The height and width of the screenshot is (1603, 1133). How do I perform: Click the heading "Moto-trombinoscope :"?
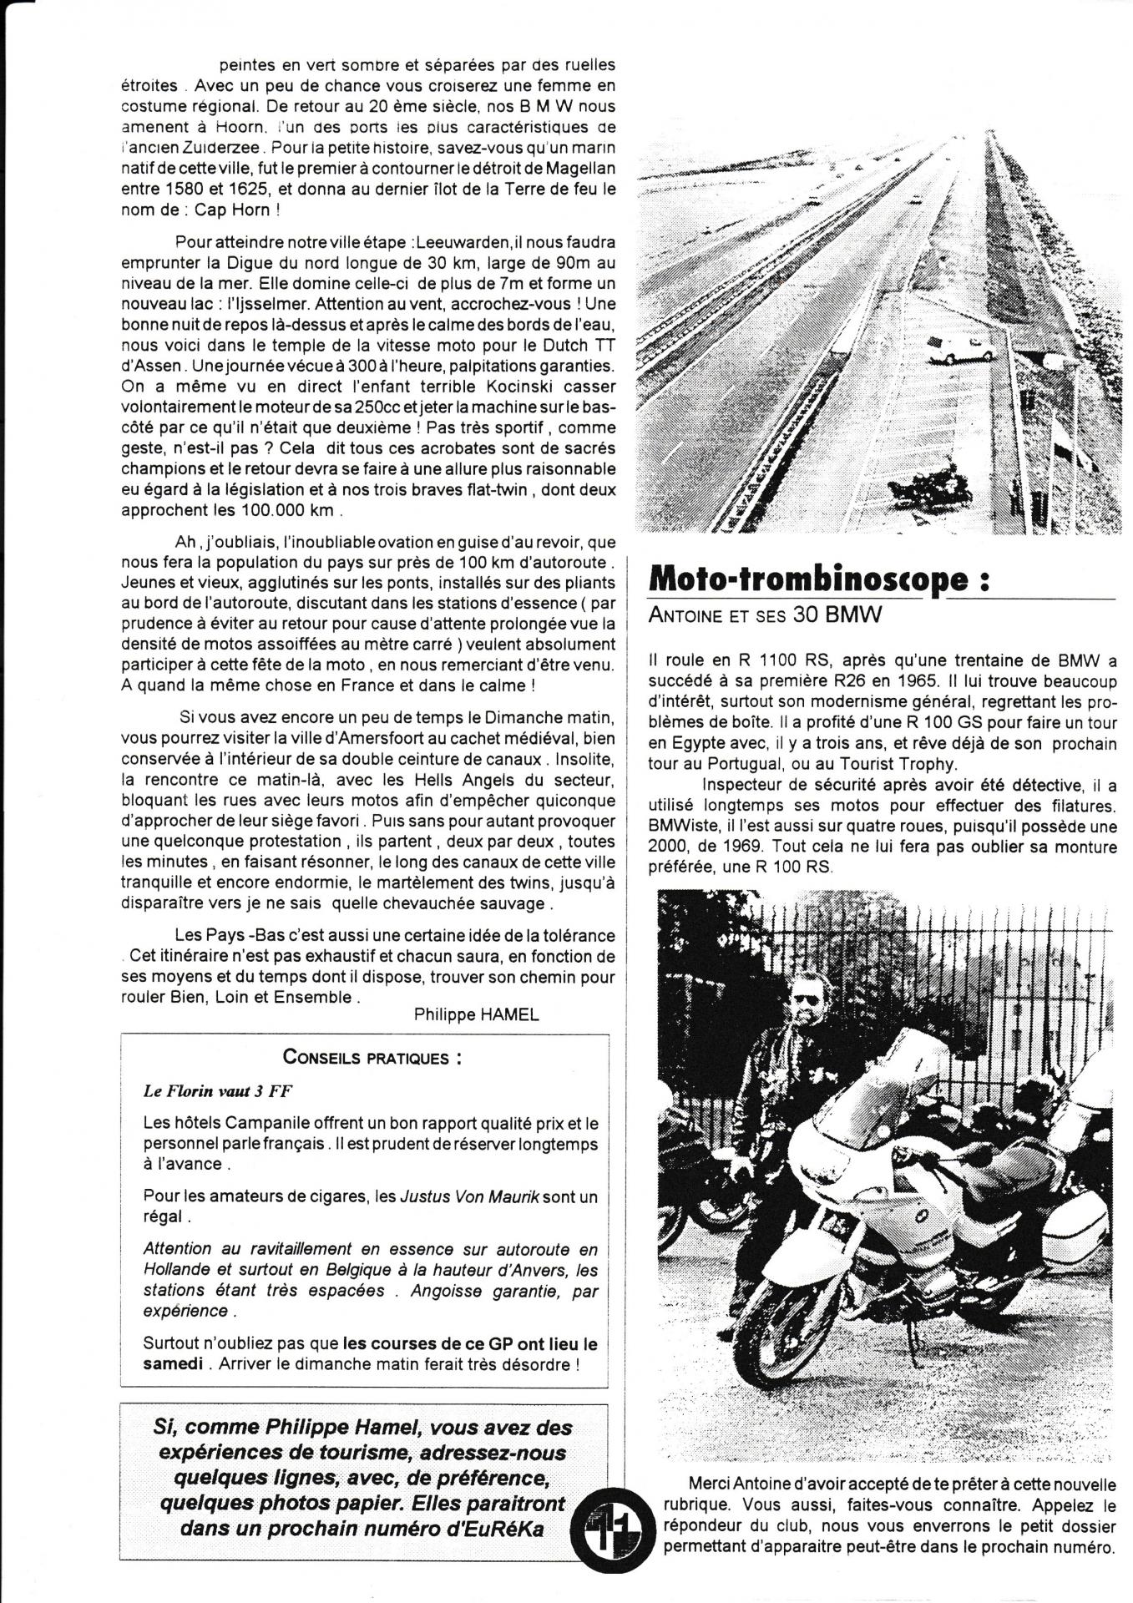pos(818,580)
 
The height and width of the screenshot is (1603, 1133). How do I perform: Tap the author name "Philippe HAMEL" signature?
pos(476,1014)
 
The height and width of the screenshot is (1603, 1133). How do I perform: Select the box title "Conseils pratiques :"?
pos(372,1057)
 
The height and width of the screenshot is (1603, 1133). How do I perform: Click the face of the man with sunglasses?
pos(806,1004)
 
